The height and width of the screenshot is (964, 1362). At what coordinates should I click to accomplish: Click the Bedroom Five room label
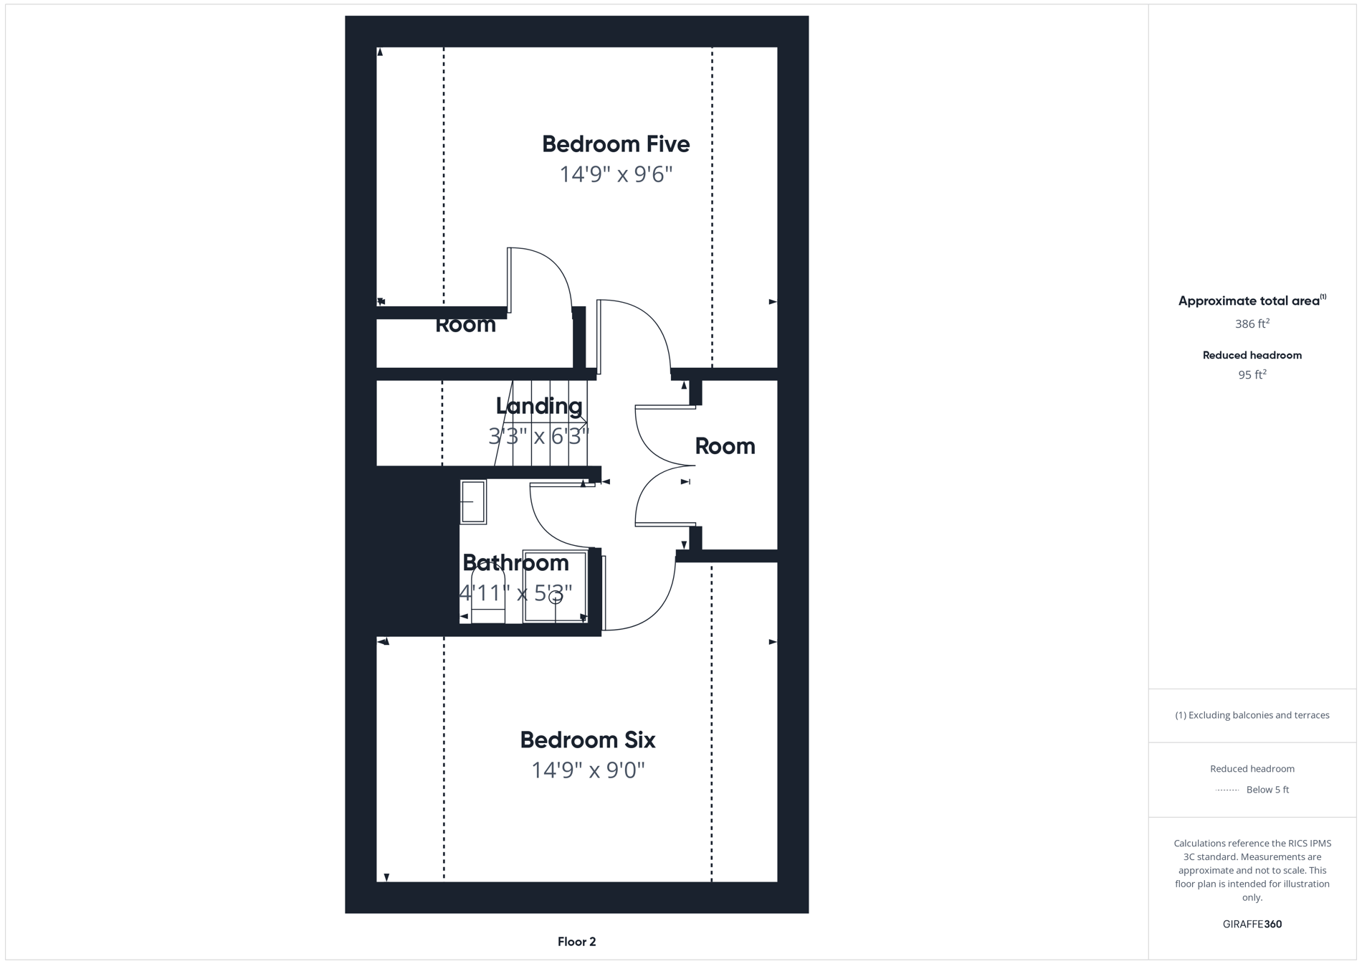point(615,144)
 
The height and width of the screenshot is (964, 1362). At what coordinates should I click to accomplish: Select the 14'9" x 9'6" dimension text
point(615,174)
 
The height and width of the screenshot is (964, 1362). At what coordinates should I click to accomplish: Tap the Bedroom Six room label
point(587,739)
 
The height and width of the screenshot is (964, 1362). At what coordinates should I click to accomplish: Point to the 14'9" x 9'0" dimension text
point(587,770)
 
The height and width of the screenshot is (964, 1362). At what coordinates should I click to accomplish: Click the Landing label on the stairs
point(539,406)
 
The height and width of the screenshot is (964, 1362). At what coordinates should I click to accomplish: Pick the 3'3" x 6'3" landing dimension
point(538,435)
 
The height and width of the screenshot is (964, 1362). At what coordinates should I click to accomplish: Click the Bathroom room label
point(515,563)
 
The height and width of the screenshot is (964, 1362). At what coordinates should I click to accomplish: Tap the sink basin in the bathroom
point(473,502)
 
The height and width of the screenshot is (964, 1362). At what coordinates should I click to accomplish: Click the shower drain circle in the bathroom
point(556,597)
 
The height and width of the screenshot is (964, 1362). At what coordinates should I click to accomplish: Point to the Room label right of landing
point(725,446)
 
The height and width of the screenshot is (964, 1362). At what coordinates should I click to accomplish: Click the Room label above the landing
point(465,325)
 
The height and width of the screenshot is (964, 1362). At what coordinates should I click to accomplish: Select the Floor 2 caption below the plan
point(576,942)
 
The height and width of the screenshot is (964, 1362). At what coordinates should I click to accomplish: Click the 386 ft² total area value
point(1252,324)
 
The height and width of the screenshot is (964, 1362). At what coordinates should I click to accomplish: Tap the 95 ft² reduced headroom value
point(1252,374)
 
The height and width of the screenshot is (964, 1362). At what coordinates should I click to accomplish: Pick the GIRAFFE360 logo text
point(1252,924)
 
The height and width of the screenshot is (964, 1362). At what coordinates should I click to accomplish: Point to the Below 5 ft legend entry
point(1267,790)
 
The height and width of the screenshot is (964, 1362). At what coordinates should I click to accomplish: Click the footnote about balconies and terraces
point(1252,715)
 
